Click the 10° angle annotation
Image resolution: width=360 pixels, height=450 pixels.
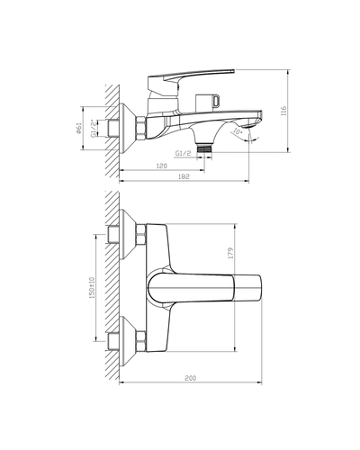[x=237, y=132]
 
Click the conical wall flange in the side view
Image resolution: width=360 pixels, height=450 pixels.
[x=128, y=126]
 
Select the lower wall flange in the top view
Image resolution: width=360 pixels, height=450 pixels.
[x=126, y=342]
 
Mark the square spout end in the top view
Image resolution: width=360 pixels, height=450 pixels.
[x=250, y=289]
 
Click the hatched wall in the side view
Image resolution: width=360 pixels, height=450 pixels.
[x=110, y=126]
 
